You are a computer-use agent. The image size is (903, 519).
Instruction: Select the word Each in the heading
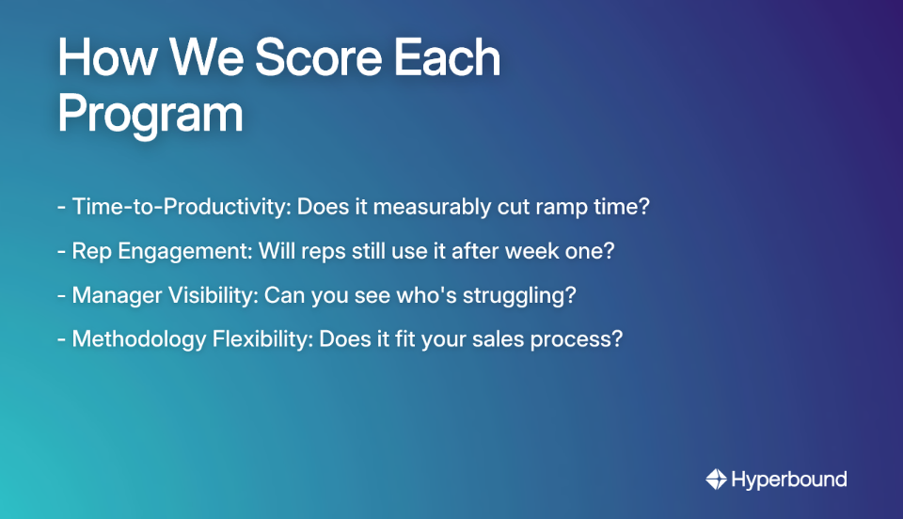tap(448, 59)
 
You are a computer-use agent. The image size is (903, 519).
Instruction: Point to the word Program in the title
tap(150, 115)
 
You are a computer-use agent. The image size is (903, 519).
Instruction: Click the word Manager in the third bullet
tap(114, 295)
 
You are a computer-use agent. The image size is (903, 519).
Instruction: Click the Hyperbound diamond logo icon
tap(716, 480)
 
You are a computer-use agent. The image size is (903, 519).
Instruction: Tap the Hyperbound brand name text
tap(789, 480)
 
